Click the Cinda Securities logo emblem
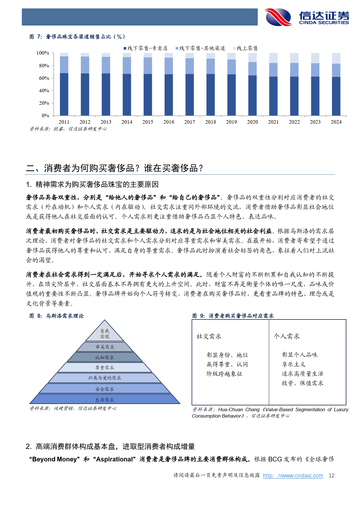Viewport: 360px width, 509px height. (x=278, y=17)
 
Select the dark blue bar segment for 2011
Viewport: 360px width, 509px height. (x=64, y=94)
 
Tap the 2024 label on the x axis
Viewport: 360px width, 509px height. (x=336, y=122)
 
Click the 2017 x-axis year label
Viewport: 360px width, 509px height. (x=190, y=122)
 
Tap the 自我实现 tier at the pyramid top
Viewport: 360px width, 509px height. (x=105, y=334)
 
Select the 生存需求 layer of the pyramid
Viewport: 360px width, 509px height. (x=105, y=400)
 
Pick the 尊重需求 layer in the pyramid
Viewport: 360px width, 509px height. (x=105, y=368)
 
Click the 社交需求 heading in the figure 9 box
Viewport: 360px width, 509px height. (x=209, y=336)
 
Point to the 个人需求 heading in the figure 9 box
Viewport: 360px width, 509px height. (x=287, y=336)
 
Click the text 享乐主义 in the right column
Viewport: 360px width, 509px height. (x=294, y=364)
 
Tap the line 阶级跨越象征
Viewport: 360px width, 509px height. (x=224, y=374)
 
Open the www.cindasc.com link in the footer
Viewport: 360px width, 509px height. (x=293, y=476)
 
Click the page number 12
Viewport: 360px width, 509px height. (x=331, y=476)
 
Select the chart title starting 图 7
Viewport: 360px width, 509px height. (x=77, y=37)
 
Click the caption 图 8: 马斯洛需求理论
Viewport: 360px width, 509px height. (x=57, y=316)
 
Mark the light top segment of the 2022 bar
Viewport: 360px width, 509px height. (x=294, y=58)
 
